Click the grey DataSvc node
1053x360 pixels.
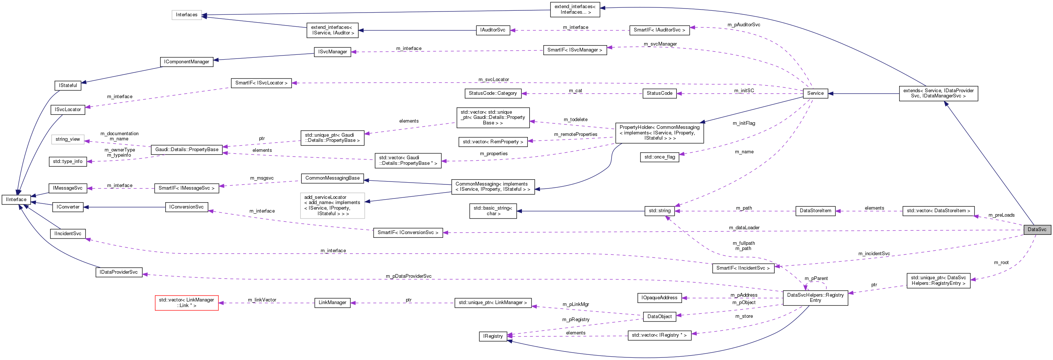(1037, 229)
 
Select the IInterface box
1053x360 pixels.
(16, 199)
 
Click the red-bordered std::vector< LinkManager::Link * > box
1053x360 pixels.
(186, 303)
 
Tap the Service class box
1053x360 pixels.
(815, 93)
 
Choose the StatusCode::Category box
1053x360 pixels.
(493, 93)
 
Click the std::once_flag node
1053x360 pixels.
(659, 157)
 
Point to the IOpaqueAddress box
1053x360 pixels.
(659, 297)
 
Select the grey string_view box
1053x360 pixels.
(68, 139)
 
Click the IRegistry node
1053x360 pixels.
(493, 336)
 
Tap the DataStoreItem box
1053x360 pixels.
(815, 211)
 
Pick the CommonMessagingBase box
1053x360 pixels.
(332, 178)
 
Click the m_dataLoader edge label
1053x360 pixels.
(744, 228)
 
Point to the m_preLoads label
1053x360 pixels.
(1001, 215)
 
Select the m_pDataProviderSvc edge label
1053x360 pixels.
(408, 276)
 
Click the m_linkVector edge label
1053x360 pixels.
(262, 300)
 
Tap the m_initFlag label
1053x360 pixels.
(744, 123)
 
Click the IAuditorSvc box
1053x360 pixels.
(493, 30)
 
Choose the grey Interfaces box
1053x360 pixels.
(186, 15)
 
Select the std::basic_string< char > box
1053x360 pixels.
(493, 211)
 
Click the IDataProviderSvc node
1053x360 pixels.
(119, 272)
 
